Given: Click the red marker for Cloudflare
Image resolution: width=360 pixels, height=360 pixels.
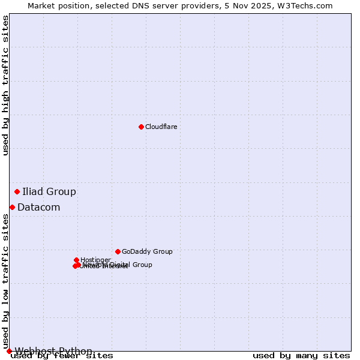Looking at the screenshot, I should click(141, 127).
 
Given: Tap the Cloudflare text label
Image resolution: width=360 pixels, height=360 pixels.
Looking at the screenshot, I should click(161, 127).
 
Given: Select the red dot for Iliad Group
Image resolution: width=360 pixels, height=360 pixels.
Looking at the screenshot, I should click(17, 191).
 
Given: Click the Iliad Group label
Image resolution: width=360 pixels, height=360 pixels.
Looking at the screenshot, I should click(49, 192).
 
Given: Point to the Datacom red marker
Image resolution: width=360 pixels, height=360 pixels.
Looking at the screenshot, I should click(12, 207).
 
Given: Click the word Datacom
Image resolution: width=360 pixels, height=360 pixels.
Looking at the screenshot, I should click(39, 208).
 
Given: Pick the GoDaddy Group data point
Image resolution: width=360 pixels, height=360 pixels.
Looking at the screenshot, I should click(118, 251).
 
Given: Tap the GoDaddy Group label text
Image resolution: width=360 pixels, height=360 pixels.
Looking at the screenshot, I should click(147, 252).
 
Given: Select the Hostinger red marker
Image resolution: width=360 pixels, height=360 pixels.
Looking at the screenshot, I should click(76, 260).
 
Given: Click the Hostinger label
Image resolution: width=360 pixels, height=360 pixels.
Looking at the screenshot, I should click(95, 260).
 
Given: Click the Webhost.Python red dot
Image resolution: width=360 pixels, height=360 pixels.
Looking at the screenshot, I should click(9, 351).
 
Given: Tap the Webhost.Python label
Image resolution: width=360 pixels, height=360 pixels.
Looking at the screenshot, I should click(53, 351).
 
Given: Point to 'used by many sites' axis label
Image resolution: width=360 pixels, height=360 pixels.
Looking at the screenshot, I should click(301, 356).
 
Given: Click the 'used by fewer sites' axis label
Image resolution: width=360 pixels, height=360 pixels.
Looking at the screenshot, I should click(62, 356).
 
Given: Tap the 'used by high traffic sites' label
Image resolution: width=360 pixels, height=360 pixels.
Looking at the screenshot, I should click(6, 85).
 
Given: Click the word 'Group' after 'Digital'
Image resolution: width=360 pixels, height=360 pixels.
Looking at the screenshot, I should click(142, 265).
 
